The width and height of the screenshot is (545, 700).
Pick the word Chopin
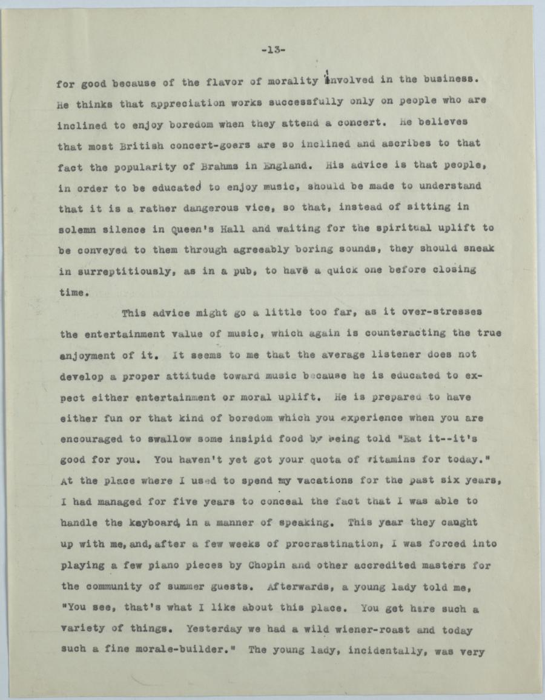click(x=269, y=565)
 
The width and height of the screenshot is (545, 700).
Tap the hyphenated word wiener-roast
click(x=365, y=629)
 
